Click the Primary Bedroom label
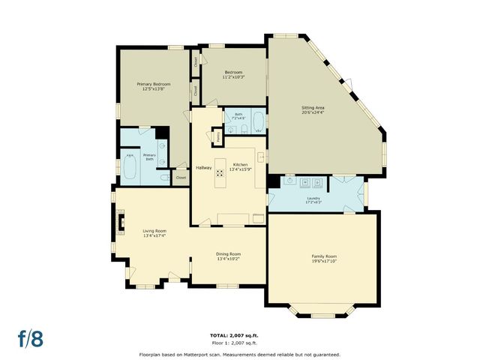[x=153, y=84]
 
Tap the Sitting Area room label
[x=313, y=108]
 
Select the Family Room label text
[x=325, y=256]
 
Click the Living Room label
[x=154, y=231]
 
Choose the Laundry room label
[x=313, y=199]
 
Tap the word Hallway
[x=204, y=167]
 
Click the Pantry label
[x=218, y=137]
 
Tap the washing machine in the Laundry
[x=306, y=181]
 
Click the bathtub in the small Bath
[x=257, y=120]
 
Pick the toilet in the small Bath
[x=230, y=127]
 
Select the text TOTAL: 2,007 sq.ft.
[x=239, y=334]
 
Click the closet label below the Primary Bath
[x=181, y=178]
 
